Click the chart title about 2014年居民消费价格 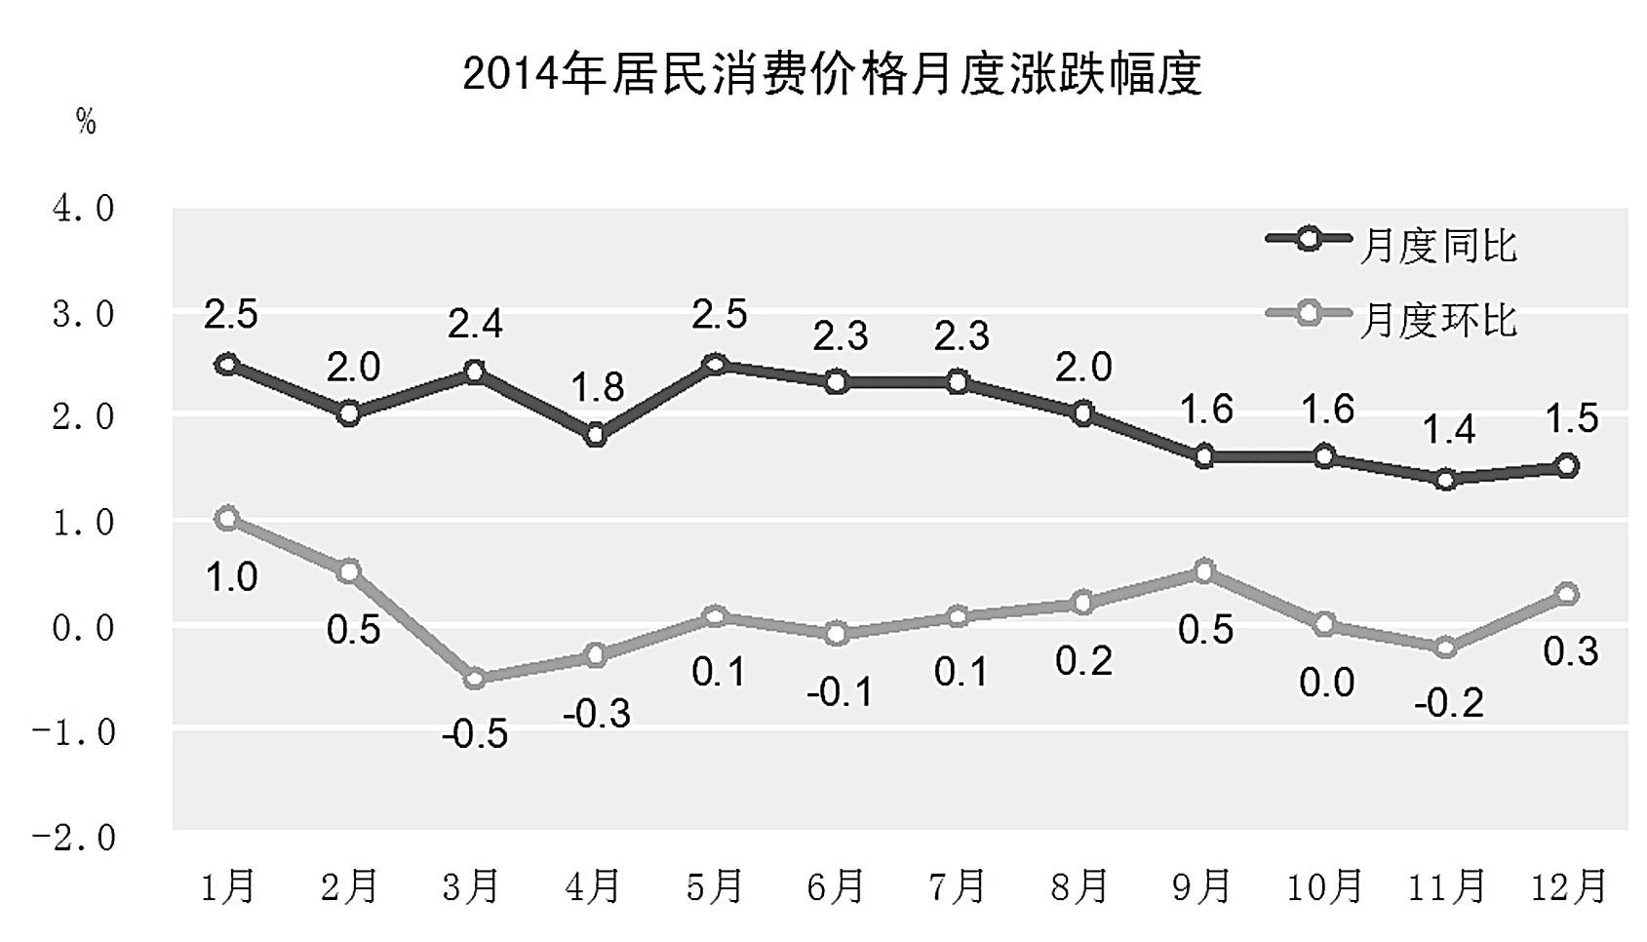click(x=831, y=75)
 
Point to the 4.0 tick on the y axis click(x=83, y=208)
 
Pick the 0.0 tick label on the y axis click(x=83, y=627)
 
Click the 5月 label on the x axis click(x=714, y=886)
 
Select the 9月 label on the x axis click(x=1201, y=886)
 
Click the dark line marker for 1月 click(x=227, y=364)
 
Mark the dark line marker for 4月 click(x=595, y=435)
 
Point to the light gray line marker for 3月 click(x=474, y=678)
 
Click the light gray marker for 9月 click(x=1204, y=571)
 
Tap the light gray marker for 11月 click(x=1446, y=648)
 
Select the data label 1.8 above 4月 click(x=597, y=388)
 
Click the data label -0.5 click(x=475, y=734)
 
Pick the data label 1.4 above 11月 click(x=1448, y=429)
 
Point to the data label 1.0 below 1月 click(x=231, y=577)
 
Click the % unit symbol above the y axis click(x=86, y=121)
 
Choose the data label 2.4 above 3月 click(x=475, y=324)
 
